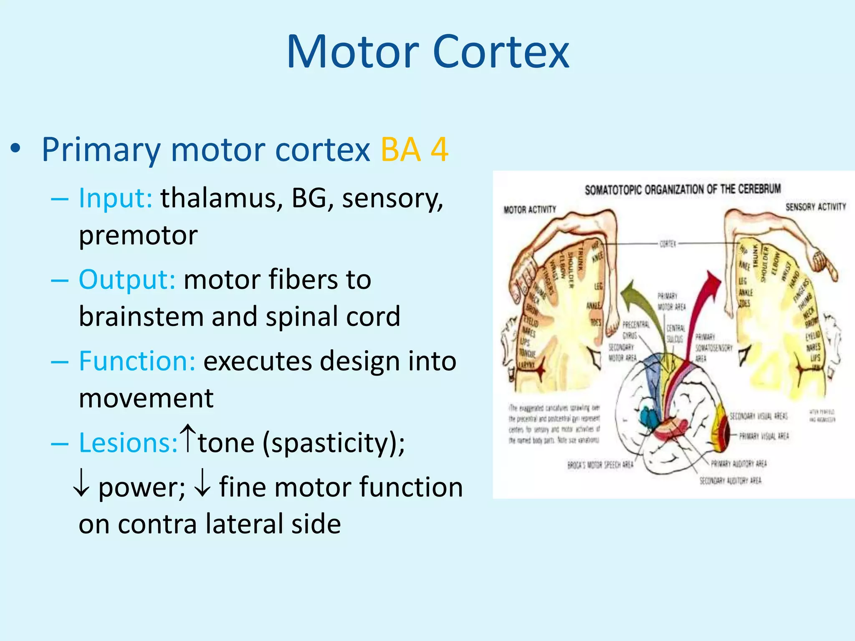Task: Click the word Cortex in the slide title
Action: pos(501,52)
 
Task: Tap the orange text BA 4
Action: pos(414,149)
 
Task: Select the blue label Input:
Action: pos(116,198)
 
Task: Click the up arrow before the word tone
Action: pos(188,438)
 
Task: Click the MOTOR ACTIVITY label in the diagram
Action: pos(530,209)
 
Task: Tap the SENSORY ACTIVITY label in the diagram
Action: pos(815,207)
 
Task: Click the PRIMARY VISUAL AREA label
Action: pos(764,437)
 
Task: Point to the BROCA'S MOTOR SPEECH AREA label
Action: pos(600,465)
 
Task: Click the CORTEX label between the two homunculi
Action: pos(668,244)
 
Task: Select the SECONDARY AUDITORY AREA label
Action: pos(730,481)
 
